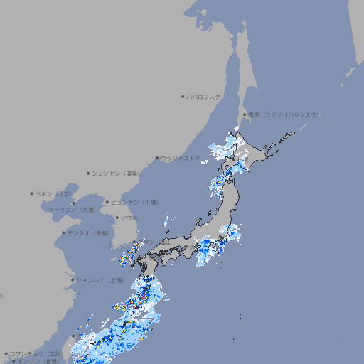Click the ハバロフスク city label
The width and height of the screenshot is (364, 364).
pyautogui.click(x=204, y=96)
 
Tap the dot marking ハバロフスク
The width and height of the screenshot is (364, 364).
pyautogui.click(x=183, y=96)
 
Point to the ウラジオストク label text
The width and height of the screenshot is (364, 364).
pyautogui.click(x=181, y=158)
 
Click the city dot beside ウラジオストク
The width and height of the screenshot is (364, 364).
pyautogui.click(x=157, y=158)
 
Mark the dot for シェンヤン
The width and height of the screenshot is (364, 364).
pyautogui.click(x=89, y=173)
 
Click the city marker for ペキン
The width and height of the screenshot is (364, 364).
pyautogui.click(x=32, y=193)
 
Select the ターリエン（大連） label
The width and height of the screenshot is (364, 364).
pyautogui.click(x=72, y=210)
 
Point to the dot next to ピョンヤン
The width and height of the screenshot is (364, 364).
pyautogui.click(x=108, y=202)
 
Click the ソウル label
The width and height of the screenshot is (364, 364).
pyautogui.click(x=129, y=218)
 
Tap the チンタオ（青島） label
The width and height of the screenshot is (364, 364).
pyautogui.click(x=89, y=232)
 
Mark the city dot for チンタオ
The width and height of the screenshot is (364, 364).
pyautogui.click(x=63, y=232)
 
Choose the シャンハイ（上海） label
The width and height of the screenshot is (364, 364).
pyautogui.click(x=100, y=280)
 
